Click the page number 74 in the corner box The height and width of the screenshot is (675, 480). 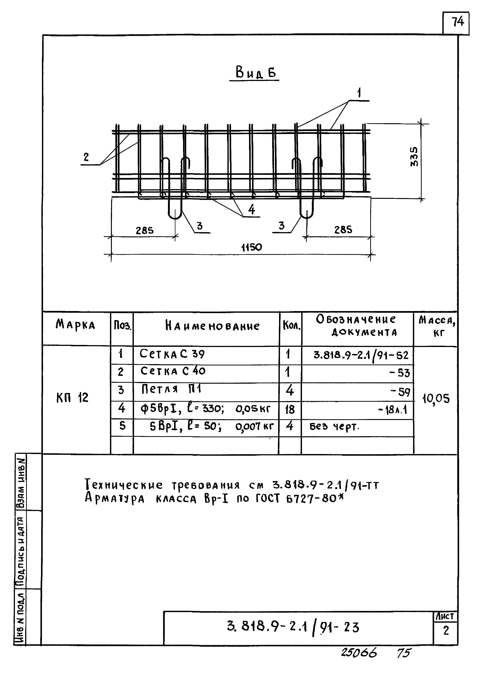(457, 22)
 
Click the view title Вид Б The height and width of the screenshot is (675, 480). (256, 73)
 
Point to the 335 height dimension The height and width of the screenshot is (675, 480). (414, 156)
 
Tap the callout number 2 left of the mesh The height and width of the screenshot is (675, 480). (86, 157)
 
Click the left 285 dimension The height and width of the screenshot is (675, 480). (144, 230)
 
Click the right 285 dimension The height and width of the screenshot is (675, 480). (343, 230)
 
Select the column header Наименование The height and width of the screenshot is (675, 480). (212, 326)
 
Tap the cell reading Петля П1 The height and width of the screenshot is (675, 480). (171, 389)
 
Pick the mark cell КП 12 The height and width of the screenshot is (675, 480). (72, 398)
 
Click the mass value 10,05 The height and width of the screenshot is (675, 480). (436, 399)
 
